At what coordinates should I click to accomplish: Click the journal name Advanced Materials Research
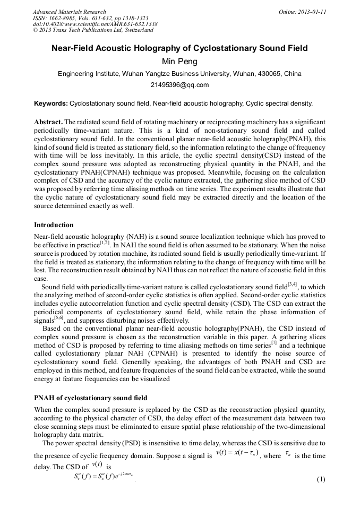[x=69, y=12]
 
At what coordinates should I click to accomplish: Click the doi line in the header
[x=95, y=24]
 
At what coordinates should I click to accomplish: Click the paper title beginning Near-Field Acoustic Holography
[x=179, y=48]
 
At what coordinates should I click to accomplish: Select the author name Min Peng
[x=179, y=62]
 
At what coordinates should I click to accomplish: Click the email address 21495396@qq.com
[x=179, y=85]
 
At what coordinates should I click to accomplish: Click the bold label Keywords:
[x=50, y=103]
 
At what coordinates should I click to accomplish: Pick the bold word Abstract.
[x=48, y=122]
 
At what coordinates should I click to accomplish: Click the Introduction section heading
[x=54, y=225]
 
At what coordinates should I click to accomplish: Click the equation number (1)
[x=320, y=480]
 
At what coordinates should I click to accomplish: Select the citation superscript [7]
[x=274, y=342]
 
